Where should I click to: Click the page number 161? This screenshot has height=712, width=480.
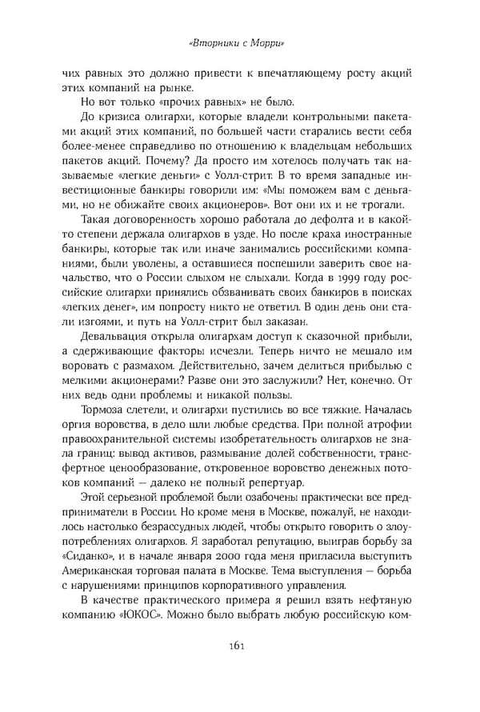239,670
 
